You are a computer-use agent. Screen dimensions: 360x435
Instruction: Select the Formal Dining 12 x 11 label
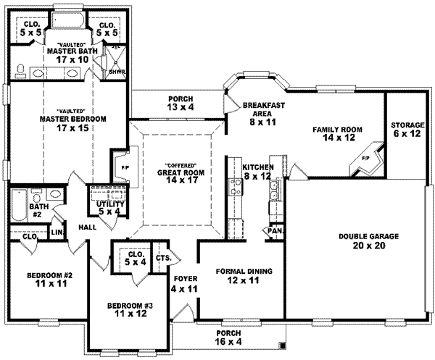pos(244,276)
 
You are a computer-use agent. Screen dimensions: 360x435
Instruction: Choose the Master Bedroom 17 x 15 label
pos(74,123)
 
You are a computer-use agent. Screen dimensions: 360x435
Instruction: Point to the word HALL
pos(88,227)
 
